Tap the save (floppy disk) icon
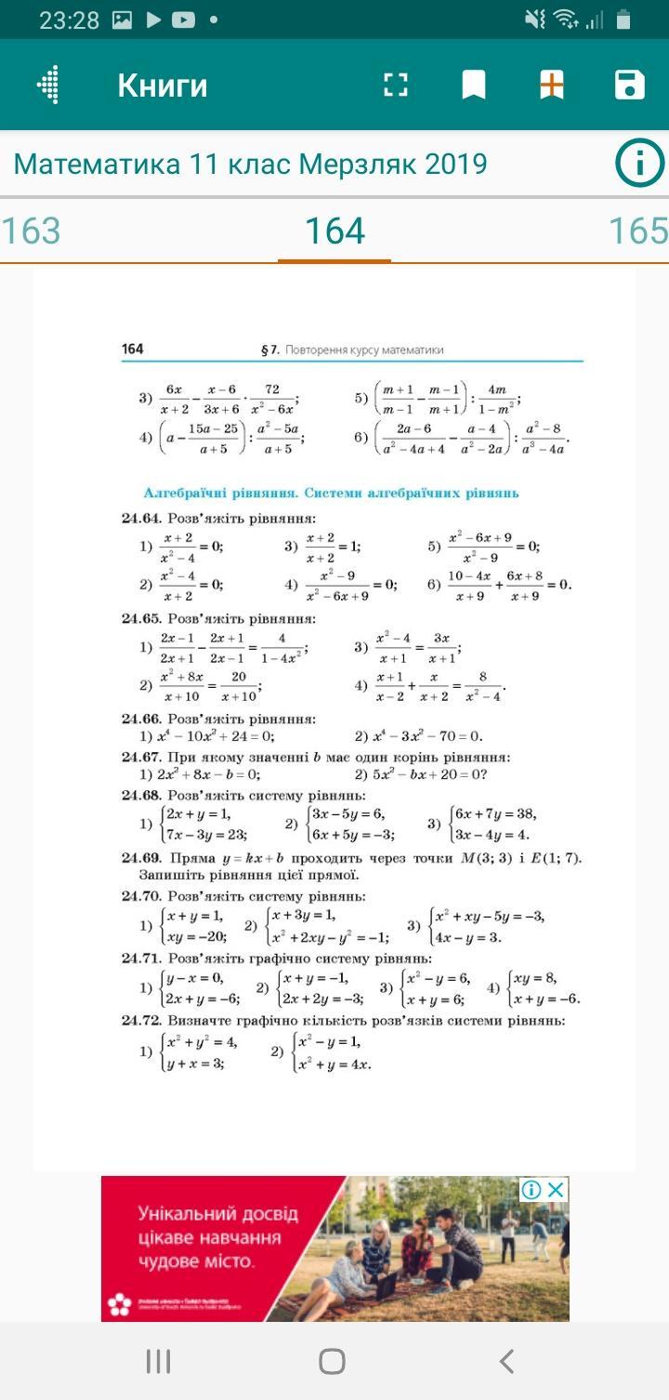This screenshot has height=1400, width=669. click(x=630, y=85)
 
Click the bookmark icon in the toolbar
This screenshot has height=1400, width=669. click(x=474, y=85)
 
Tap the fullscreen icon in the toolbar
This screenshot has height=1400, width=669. click(x=396, y=85)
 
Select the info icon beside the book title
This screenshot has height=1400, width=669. click(x=638, y=165)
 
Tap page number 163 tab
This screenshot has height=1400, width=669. click(x=31, y=231)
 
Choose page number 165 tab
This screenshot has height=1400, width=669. click(x=637, y=231)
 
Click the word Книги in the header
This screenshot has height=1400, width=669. click(x=163, y=86)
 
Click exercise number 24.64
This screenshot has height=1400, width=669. click(x=141, y=518)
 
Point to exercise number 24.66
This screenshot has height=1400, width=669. click(x=141, y=719)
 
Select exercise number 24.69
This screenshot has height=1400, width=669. click(x=141, y=857)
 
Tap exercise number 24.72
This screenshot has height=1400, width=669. click(x=141, y=1020)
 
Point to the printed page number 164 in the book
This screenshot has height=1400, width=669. click(x=133, y=349)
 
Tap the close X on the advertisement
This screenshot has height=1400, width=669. click(x=556, y=1190)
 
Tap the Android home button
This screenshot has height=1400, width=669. click(x=332, y=1362)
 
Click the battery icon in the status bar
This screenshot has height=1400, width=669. click(x=623, y=20)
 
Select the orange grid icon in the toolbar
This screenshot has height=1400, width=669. click(x=552, y=85)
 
